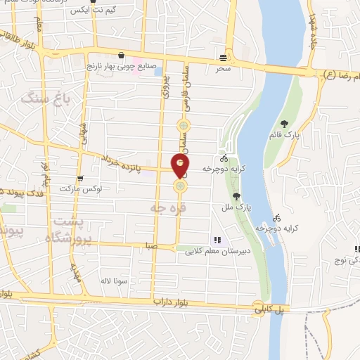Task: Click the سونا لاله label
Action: tap(112, 281)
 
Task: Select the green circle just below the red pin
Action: tap(181, 186)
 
